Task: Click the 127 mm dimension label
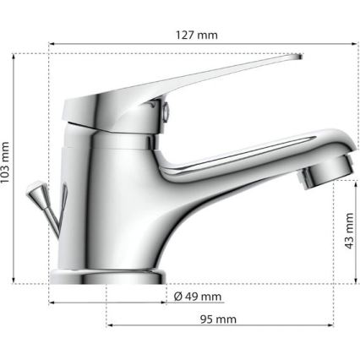196,35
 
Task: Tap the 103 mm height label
8,164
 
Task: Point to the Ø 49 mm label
197,297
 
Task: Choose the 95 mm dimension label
217,319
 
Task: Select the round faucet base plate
106,277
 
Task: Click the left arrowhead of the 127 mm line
52,45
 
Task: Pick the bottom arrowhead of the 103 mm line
17,281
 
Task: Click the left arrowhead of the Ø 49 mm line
52,301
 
